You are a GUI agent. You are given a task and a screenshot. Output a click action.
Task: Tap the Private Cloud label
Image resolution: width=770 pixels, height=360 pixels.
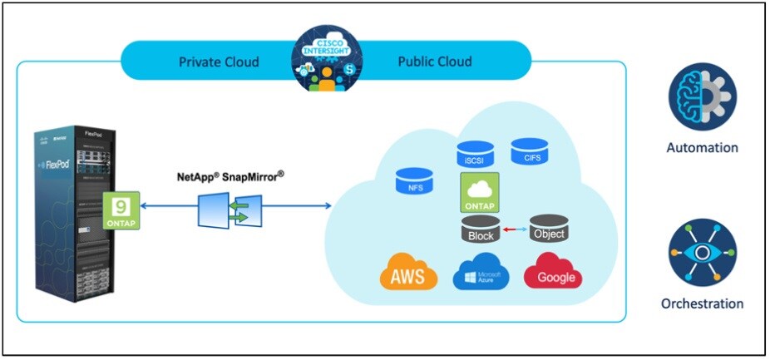point(219,62)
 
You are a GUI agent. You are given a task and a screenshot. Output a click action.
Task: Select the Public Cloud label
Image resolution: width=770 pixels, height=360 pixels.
point(434,62)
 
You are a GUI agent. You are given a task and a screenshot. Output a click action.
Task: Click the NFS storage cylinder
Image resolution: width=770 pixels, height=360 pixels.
point(413,180)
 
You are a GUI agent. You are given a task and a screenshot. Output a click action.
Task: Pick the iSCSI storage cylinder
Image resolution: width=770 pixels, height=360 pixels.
point(475,154)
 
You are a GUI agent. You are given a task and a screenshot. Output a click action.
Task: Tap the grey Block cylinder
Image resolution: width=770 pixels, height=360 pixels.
point(480,230)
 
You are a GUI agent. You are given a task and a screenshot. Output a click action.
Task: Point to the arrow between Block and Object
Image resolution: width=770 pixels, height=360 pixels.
point(514,227)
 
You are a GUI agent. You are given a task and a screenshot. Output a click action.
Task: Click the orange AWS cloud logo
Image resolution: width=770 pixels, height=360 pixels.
point(407,274)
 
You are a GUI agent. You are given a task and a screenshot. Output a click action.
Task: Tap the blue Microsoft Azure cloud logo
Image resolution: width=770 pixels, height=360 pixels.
point(481,274)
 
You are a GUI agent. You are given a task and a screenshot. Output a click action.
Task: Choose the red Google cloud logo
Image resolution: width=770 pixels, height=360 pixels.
point(552,274)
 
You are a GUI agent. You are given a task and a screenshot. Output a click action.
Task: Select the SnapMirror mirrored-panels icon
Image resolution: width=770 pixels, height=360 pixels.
point(230,209)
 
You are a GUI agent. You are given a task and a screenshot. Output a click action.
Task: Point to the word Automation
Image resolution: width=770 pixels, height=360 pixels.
point(702,148)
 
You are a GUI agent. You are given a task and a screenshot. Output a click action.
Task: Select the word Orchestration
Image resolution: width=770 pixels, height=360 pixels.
point(702,303)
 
